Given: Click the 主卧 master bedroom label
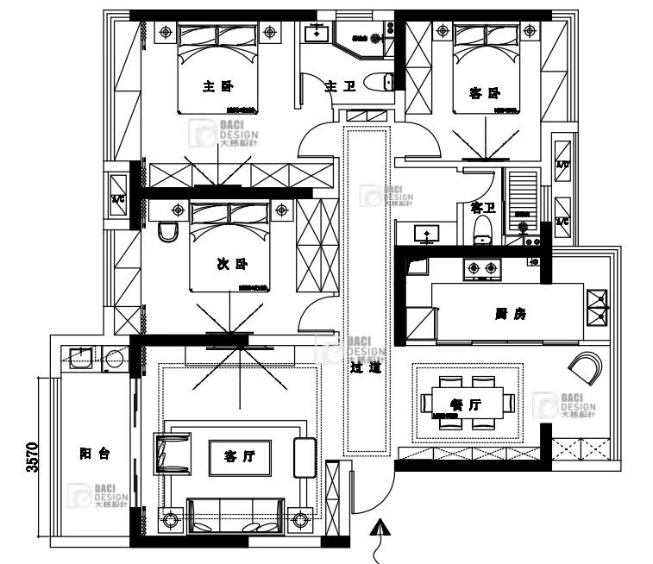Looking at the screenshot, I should pyautogui.click(x=218, y=86).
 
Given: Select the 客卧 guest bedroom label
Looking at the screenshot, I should pyautogui.click(x=484, y=92).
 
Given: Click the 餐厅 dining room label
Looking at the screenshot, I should pyautogui.click(x=466, y=404).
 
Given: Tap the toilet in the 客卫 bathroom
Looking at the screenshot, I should pyautogui.click(x=483, y=226).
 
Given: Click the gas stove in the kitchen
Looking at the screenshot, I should pyautogui.click(x=482, y=270).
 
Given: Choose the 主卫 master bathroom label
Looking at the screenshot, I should pyautogui.click(x=336, y=86).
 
